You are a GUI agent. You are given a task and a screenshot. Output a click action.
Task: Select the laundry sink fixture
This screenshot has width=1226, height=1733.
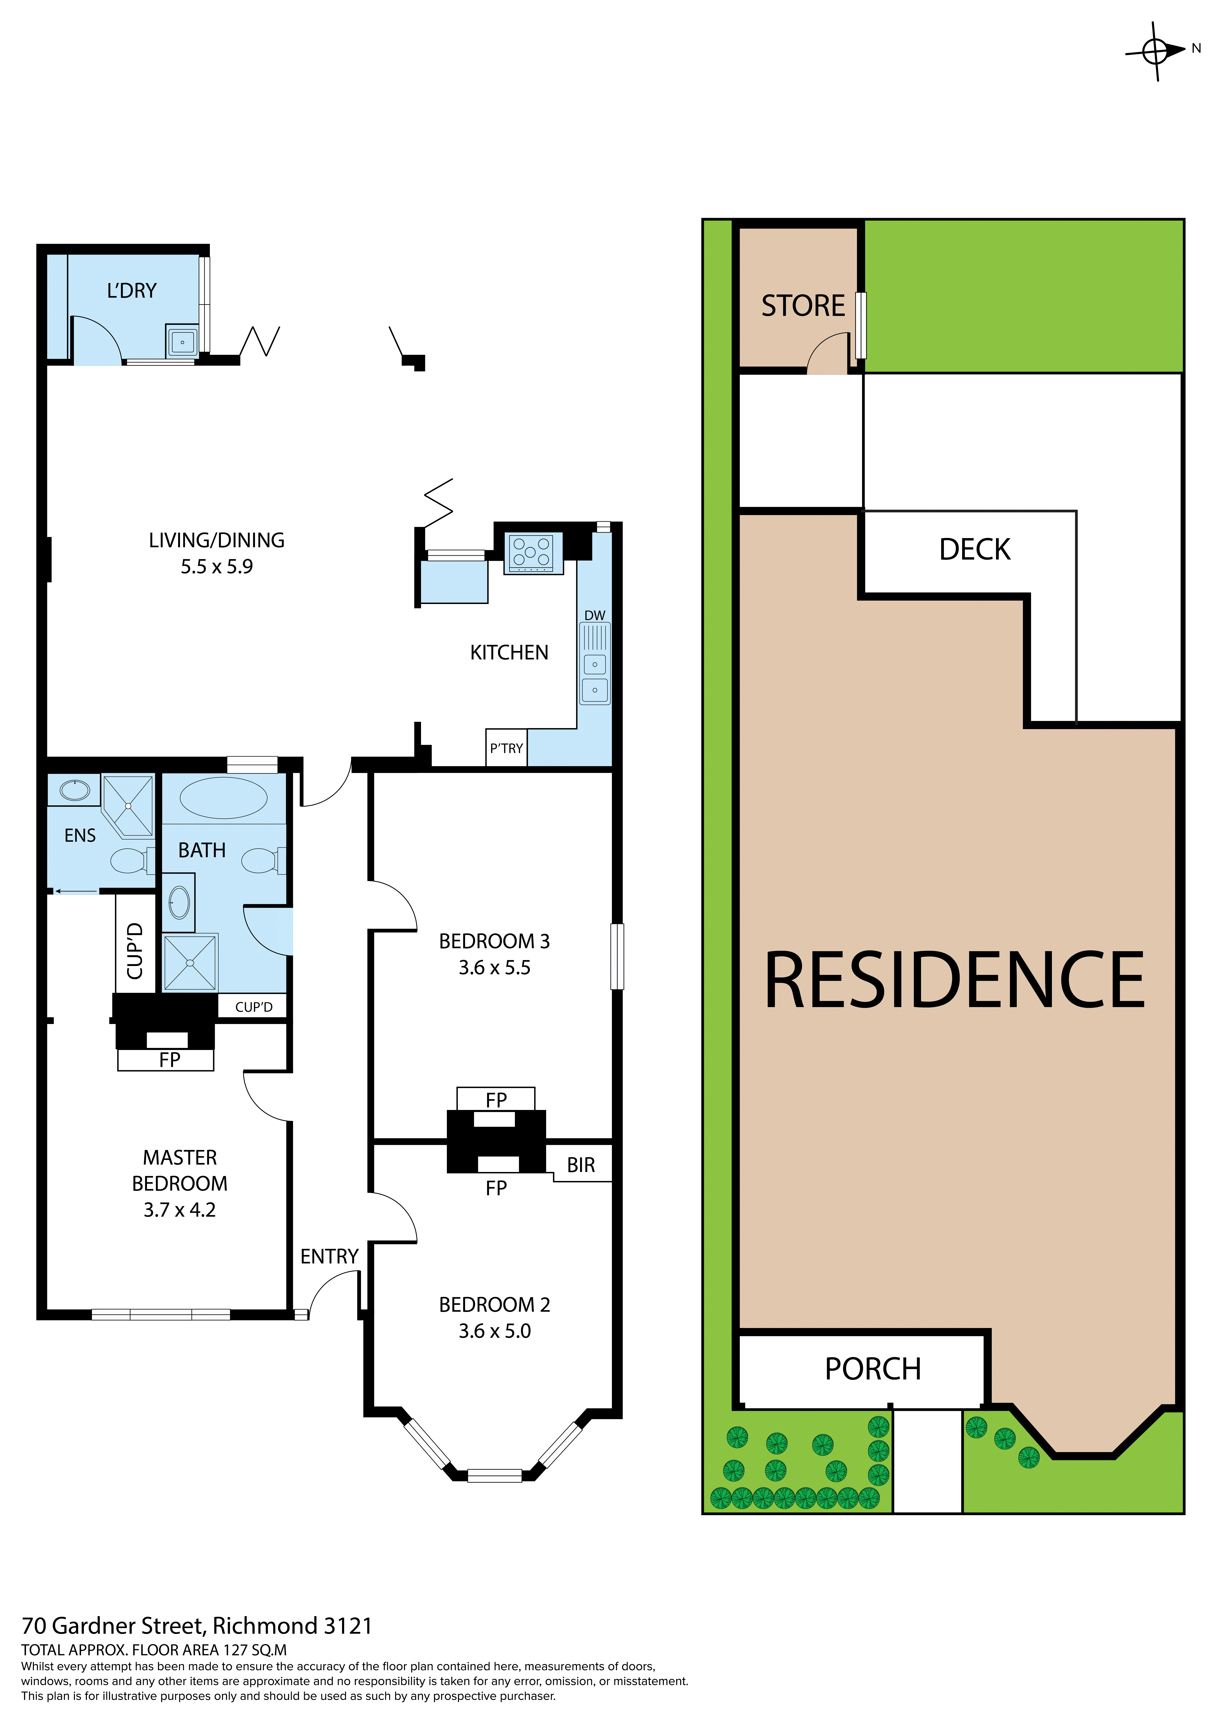coord(182,342)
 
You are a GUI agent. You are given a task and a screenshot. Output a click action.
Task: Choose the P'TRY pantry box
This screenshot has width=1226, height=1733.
coord(506,748)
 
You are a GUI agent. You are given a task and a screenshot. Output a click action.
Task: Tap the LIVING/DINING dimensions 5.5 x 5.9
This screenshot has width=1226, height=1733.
coord(217,567)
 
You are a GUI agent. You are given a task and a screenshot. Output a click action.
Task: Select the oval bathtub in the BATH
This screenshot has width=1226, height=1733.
coord(223,798)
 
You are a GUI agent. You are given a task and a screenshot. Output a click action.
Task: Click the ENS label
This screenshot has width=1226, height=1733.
coord(80,836)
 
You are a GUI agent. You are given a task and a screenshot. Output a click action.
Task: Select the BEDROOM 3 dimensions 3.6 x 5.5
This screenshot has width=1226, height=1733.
coord(495,968)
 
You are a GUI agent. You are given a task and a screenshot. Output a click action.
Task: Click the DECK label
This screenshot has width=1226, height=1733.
coord(975,550)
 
